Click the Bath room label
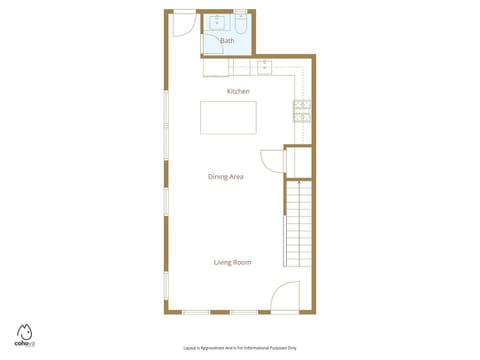pos(227,41)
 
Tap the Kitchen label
pos(238,91)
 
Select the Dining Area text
pos(226,177)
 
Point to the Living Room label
pos(232,262)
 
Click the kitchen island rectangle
pos(228,118)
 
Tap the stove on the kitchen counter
pos(302,112)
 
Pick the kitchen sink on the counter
pos(265,68)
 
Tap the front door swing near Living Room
pos(287,295)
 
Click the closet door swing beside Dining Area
pos(273,162)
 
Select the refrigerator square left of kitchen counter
pos(217,68)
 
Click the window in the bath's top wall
pos(239,12)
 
